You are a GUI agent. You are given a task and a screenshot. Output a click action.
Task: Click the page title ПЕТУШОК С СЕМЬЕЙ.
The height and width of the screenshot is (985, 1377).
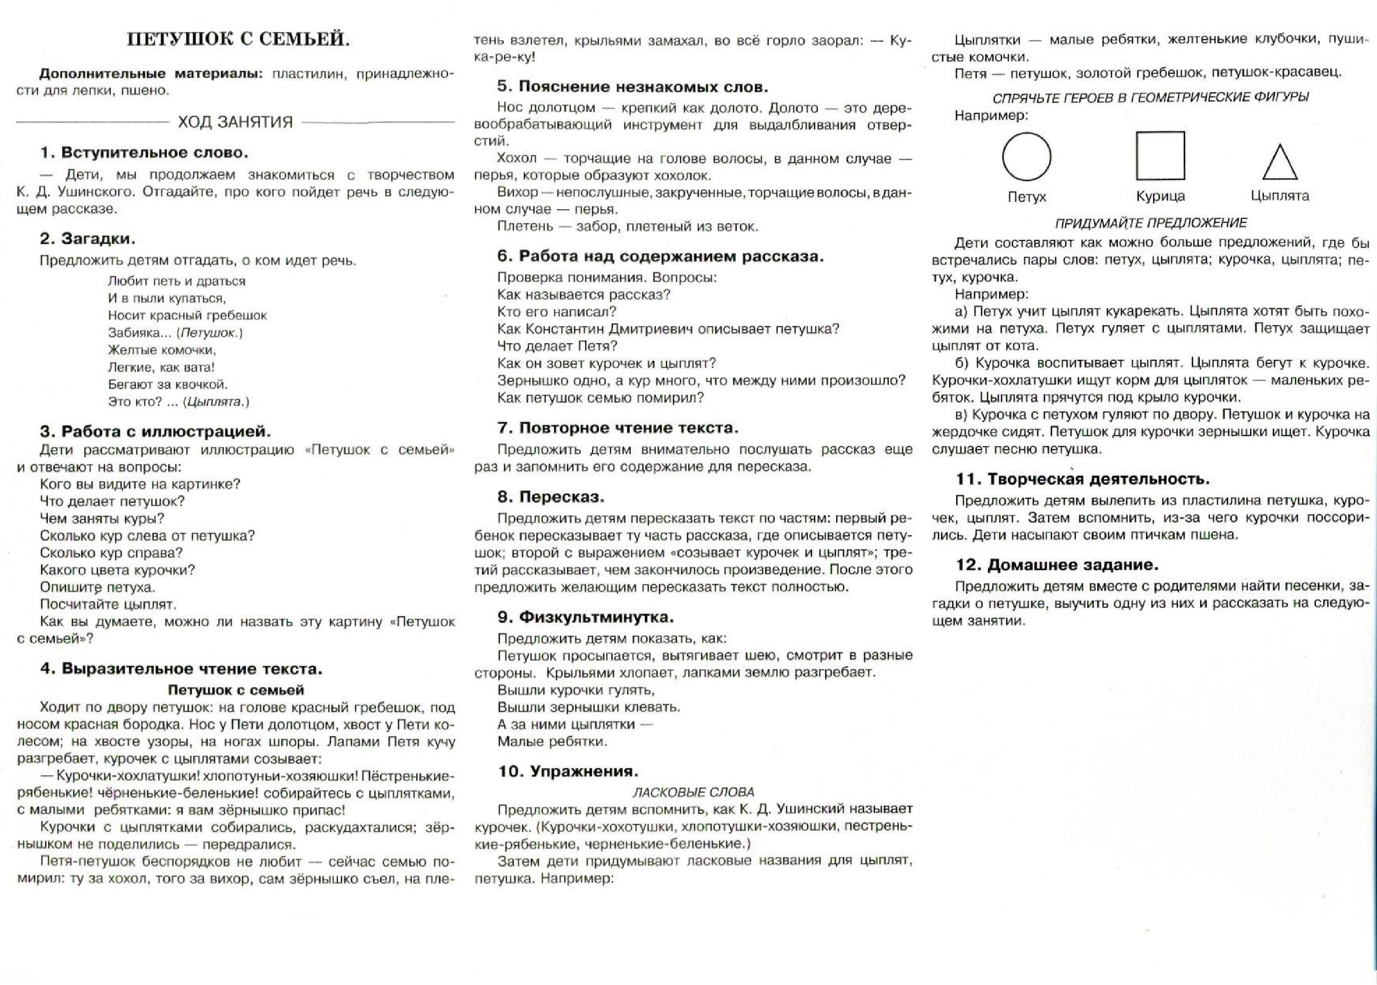coord(238,40)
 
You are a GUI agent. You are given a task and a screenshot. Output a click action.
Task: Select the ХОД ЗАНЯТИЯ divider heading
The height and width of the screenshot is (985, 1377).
coord(235,122)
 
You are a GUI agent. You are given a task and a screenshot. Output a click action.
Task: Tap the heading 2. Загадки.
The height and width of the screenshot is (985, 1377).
coord(87,238)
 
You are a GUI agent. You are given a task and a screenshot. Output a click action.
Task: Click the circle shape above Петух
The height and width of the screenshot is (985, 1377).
coord(1026,157)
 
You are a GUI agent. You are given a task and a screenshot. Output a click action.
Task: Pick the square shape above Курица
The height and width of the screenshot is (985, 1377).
coord(1160,156)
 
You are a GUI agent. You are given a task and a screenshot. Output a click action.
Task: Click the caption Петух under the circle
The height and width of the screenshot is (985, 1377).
coord(1026,197)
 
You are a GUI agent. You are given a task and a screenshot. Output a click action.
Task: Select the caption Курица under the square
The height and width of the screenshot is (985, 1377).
coord(1160,196)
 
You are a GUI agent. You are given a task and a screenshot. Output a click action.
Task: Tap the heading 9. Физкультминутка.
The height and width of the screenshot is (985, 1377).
coord(586,617)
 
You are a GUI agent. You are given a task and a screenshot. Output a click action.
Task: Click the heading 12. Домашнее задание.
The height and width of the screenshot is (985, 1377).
coord(1057,565)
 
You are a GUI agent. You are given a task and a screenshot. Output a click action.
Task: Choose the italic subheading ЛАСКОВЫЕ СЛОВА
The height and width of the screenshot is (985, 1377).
coord(693,792)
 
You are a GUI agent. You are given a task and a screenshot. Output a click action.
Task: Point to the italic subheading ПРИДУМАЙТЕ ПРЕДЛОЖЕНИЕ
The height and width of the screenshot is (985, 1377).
coord(1151,223)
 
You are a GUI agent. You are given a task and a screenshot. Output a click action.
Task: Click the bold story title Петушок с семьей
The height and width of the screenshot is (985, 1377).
coord(236,689)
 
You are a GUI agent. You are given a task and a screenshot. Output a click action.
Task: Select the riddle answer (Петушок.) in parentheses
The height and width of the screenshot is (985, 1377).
coord(211,332)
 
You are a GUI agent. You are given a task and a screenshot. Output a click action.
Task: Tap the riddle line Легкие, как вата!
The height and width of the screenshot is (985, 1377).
coord(161,367)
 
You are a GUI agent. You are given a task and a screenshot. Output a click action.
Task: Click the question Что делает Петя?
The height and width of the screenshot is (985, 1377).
coord(556,346)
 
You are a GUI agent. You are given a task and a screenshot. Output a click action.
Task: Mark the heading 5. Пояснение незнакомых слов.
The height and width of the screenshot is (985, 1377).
coord(632,87)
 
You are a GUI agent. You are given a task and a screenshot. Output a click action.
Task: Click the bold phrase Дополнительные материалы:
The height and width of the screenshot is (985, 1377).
coord(152,74)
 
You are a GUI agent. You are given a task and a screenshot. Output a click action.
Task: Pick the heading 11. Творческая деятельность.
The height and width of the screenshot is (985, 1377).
coord(1083,479)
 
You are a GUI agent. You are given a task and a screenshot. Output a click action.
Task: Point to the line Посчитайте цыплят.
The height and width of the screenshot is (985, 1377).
coord(108,604)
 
